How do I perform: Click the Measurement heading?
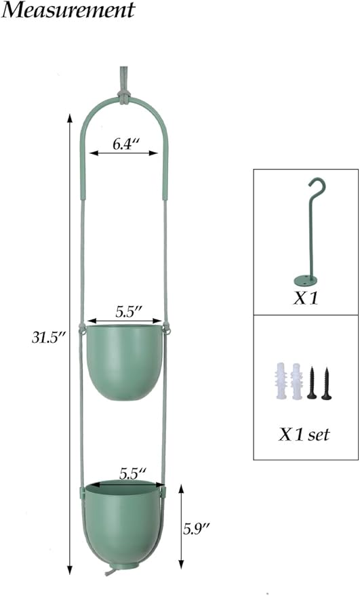[68, 11]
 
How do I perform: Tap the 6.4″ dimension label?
[126, 143]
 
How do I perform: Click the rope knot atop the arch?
[125, 96]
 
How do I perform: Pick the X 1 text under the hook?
[306, 298]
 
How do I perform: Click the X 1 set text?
[305, 435]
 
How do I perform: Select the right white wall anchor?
[296, 383]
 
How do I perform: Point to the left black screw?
[312, 384]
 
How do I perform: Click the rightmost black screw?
[326, 384]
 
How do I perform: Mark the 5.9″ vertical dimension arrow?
[180, 526]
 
